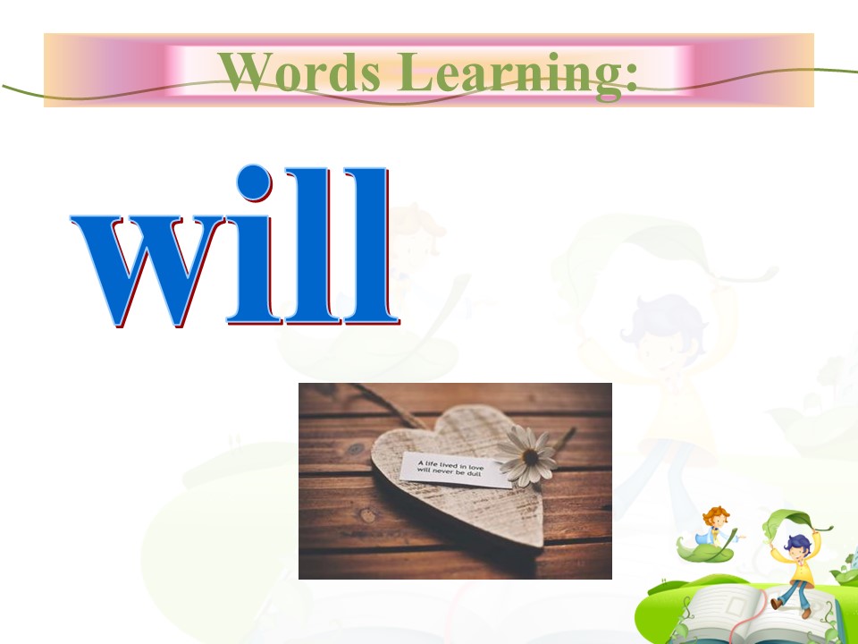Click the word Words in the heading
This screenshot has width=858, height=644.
click(x=299, y=72)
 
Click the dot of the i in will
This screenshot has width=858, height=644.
click(x=254, y=182)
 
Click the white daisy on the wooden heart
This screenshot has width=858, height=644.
click(x=528, y=456)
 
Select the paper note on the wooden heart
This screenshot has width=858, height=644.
click(x=455, y=470)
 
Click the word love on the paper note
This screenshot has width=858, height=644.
click(x=476, y=467)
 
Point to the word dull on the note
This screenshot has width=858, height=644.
click(x=474, y=473)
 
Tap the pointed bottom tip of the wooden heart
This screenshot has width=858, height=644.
click(x=539, y=544)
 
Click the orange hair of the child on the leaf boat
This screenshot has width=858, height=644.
click(x=716, y=515)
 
